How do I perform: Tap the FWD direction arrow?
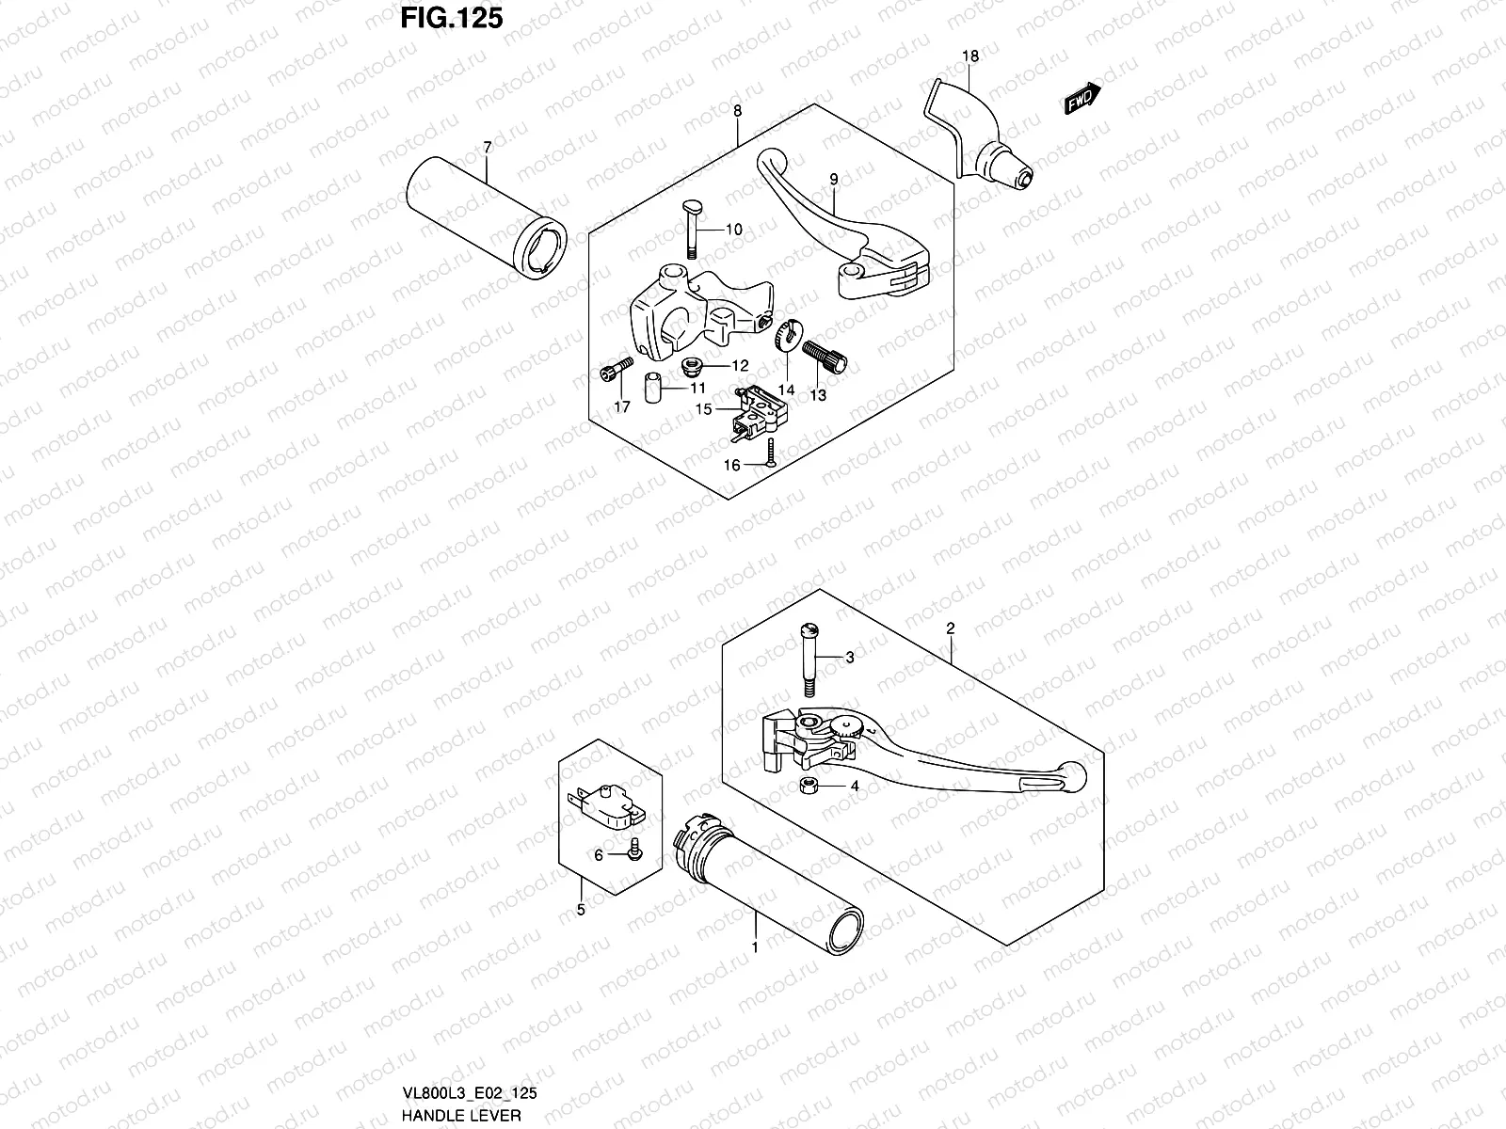(x=1082, y=99)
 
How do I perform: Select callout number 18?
(x=970, y=56)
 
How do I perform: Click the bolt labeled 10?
(x=688, y=229)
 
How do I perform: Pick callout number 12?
(x=740, y=366)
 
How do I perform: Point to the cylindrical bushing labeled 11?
(x=650, y=390)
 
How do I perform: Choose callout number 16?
(x=732, y=465)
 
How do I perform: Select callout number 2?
(x=951, y=628)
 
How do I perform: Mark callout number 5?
(x=580, y=910)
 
